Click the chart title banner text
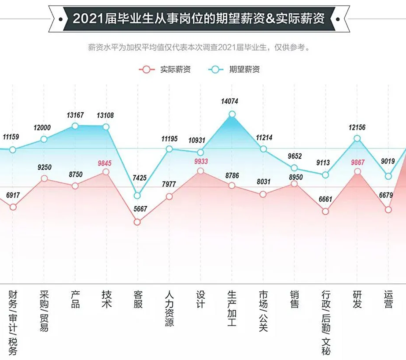199,19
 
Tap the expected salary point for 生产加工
232,115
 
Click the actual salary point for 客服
137,222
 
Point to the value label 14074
230,101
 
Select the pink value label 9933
201,161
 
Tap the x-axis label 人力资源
169,308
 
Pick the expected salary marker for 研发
357,138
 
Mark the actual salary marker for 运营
388,210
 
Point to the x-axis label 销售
295,299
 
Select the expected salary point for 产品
75,126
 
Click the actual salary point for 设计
201,171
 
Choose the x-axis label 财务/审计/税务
13,322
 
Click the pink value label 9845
105,163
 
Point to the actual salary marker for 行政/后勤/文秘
325,211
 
